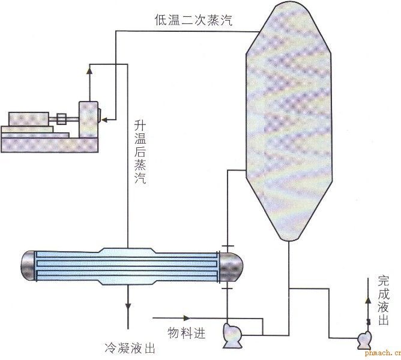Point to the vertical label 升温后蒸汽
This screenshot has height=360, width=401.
point(140,153)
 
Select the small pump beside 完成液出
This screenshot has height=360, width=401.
point(363,340)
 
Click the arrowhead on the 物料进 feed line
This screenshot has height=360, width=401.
point(185,317)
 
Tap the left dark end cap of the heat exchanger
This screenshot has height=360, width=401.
point(28,266)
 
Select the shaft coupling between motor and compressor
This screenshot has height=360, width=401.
point(61,119)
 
